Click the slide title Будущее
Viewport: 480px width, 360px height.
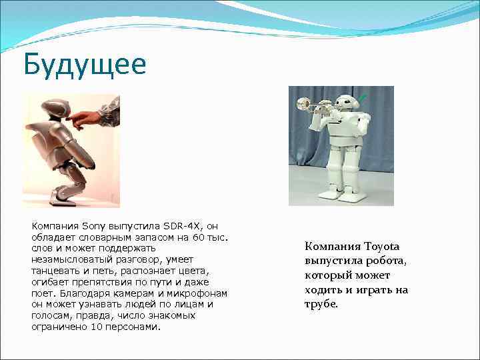point(83,65)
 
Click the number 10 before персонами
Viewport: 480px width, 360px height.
point(98,327)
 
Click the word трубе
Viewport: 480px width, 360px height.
point(321,304)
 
